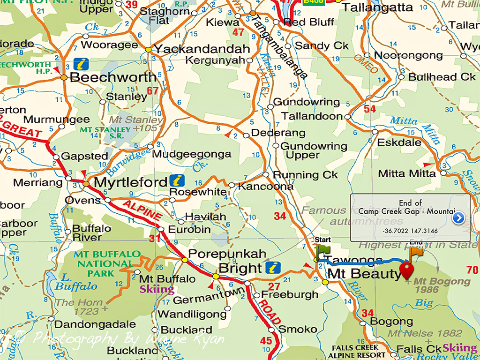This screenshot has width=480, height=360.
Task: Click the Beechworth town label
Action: coord(112,77)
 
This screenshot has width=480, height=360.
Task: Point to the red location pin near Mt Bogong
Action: coord(406,271)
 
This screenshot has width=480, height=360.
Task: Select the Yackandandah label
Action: coord(202,49)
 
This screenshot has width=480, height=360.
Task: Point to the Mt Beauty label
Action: coord(364,274)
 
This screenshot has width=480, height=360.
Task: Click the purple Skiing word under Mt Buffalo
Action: coord(157,289)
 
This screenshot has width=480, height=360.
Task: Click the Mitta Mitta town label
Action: coord(406,173)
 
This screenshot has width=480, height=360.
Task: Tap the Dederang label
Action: coord(278,133)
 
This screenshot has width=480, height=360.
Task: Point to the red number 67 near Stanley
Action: coord(152,91)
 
